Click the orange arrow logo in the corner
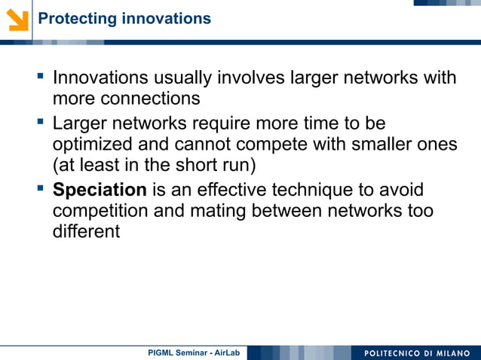(x=17, y=19)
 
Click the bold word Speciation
(x=100, y=190)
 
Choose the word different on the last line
(x=86, y=230)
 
